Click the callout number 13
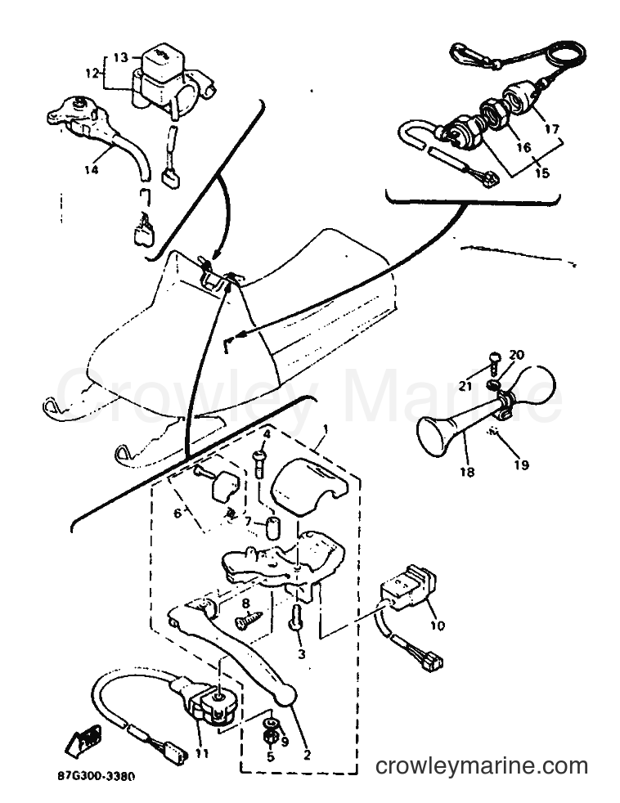coord(121,57)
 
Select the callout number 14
coord(91,169)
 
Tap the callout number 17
coord(552,128)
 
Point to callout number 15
coord(541,173)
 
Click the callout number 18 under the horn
coord(467,472)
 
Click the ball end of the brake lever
coord(286,694)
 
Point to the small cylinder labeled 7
coord(274,528)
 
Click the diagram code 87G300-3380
coord(97,777)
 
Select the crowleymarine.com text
coord(482,767)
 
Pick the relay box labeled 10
coord(408,589)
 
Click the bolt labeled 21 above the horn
coord(495,361)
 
